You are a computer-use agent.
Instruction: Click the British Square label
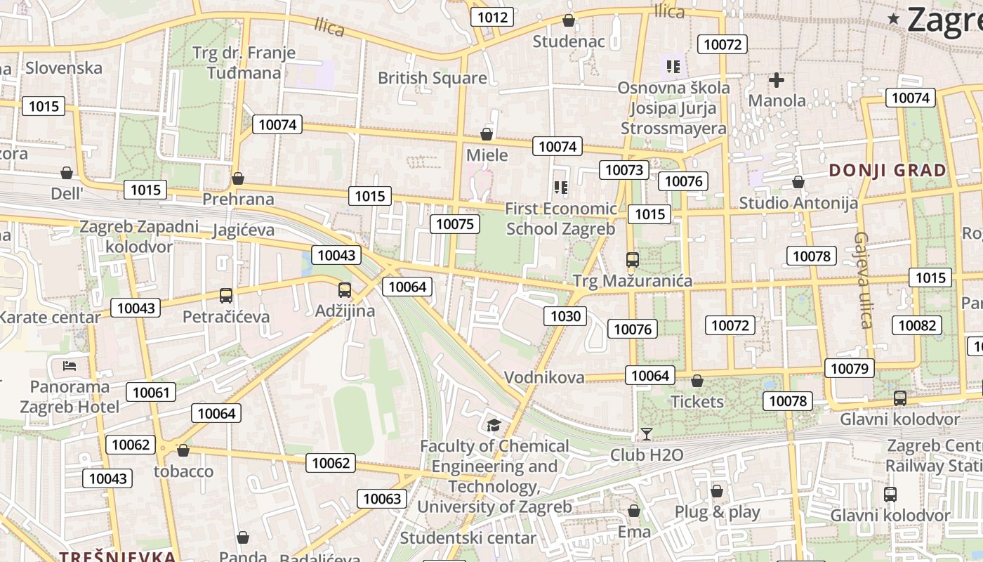point(432,78)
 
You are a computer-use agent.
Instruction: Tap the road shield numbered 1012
point(491,17)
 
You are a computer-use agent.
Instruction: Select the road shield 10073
point(624,170)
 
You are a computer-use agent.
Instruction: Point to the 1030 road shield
point(565,316)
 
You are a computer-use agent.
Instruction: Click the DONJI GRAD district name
point(888,170)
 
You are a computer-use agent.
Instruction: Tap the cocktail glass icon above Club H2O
point(646,434)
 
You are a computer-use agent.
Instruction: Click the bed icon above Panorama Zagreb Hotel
point(70,365)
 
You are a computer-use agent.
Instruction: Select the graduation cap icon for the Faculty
point(494,425)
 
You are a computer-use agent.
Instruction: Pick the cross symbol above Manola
point(776,80)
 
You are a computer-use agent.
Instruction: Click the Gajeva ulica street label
point(863,280)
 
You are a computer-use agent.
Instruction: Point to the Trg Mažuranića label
point(633,282)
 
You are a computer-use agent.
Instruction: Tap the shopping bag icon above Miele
point(487,134)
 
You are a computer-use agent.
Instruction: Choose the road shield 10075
point(455,224)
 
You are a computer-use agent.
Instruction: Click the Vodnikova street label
point(544,377)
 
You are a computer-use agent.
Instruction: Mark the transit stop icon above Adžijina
point(345,290)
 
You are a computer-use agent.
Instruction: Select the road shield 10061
point(151,393)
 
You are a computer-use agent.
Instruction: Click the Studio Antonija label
point(798,203)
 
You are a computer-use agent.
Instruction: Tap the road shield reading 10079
point(849,368)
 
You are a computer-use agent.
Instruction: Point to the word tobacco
point(183,471)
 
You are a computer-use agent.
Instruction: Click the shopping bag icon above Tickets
point(697,381)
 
